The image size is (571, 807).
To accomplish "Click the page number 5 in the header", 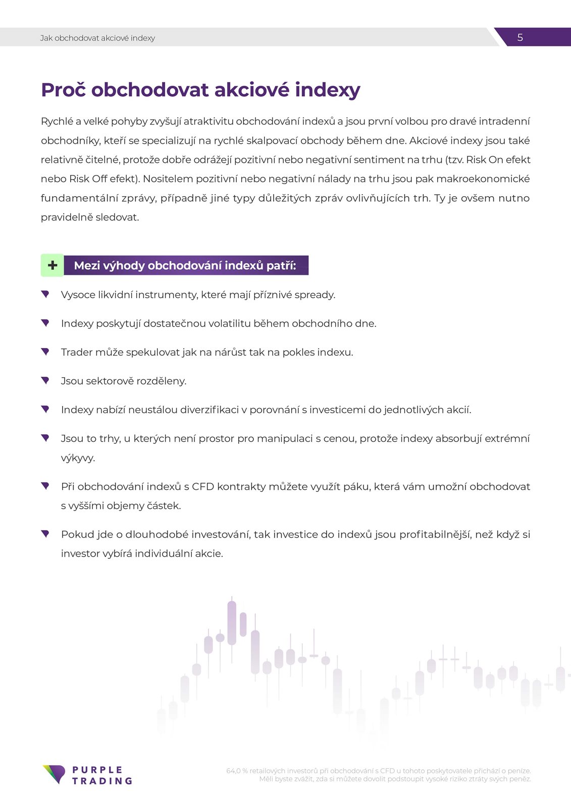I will [x=520, y=37].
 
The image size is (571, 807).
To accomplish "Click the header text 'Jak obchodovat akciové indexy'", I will [x=97, y=38].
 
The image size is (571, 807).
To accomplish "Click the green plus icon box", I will [x=53, y=265].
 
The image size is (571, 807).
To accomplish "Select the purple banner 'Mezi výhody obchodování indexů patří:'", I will [x=185, y=265].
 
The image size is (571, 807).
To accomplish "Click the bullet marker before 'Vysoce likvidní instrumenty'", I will [x=45, y=294].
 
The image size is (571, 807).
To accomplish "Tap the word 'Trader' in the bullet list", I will [x=77, y=353].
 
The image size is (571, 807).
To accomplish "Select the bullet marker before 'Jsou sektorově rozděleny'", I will [x=45, y=380].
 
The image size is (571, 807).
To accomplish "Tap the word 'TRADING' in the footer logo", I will [x=102, y=781].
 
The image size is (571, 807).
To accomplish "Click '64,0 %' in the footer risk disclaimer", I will [x=237, y=771].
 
